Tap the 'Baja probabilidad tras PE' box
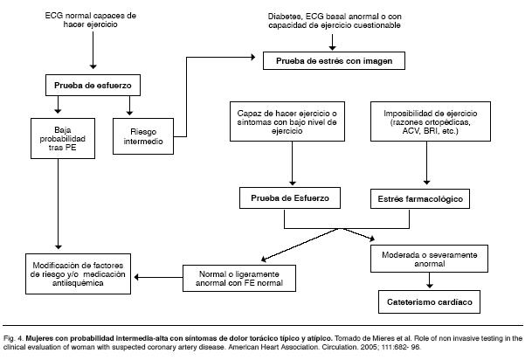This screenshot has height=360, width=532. pyautogui.click(x=57, y=137)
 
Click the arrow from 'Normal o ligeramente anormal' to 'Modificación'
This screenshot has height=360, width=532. pyautogui.click(x=156, y=278)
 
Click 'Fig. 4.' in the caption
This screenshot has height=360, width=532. pyautogui.click(x=14, y=336)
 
